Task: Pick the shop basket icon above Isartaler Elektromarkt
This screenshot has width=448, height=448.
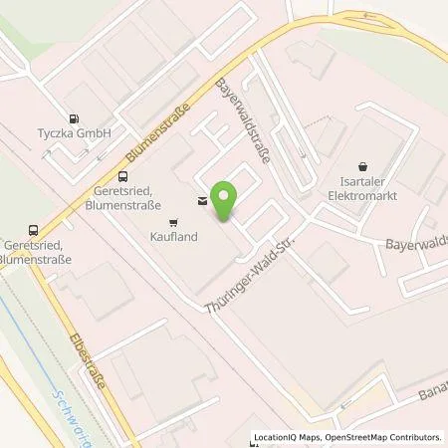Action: (362, 168)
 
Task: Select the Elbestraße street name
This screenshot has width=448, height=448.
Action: (101, 361)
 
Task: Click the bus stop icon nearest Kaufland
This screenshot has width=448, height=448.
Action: (122, 178)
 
